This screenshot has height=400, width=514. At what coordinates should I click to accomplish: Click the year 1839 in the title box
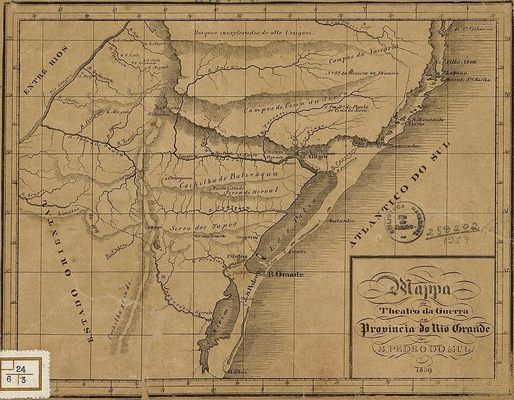click(x=423, y=369)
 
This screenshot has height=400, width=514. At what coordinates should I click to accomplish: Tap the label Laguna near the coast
click(x=447, y=73)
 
